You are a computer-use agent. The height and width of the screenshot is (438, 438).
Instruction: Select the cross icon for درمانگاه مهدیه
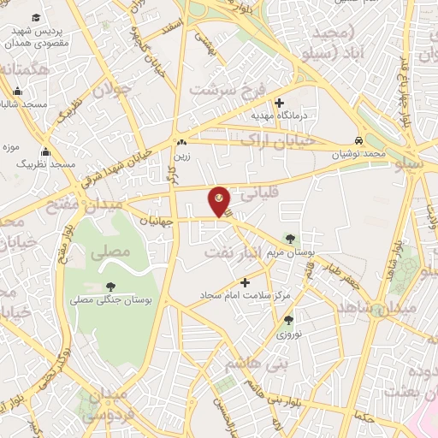279,103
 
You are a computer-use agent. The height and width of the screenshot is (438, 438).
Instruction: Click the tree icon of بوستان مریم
293,238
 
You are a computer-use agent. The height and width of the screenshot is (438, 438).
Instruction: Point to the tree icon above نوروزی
288,321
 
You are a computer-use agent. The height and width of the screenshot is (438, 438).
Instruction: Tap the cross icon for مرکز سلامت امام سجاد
246,282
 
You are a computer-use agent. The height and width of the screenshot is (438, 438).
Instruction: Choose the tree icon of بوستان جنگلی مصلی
110,287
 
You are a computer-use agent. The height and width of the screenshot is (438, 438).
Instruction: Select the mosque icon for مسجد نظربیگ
44,152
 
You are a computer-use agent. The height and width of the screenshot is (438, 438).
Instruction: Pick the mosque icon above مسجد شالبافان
17,91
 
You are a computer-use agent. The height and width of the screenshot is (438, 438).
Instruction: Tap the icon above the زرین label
181,143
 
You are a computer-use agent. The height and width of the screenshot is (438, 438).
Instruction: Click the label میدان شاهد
376,306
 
